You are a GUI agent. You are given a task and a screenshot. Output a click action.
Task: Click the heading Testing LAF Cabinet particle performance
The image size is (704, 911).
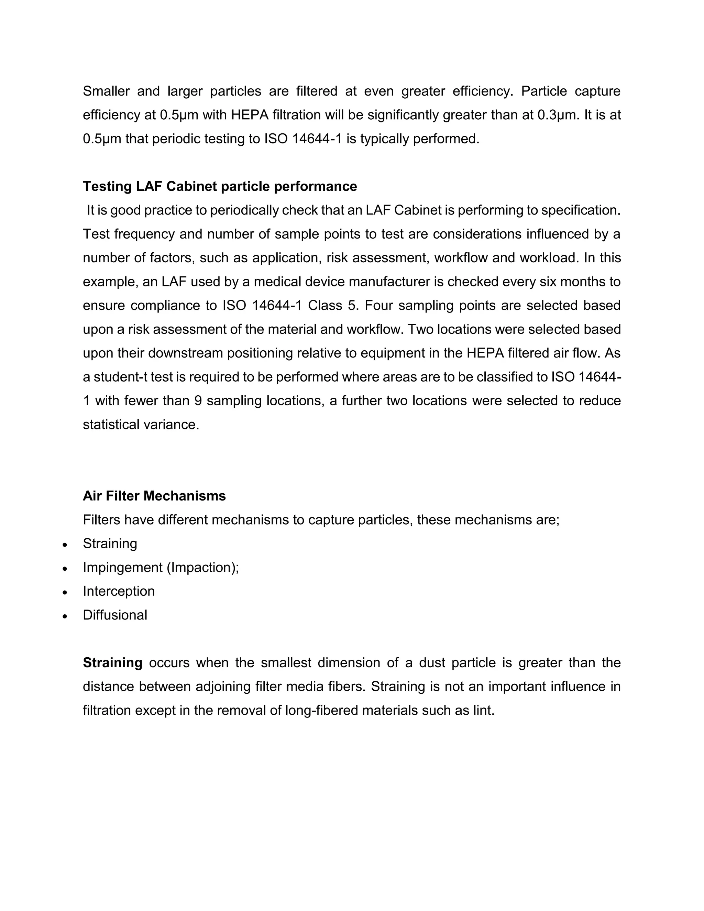tap(220, 186)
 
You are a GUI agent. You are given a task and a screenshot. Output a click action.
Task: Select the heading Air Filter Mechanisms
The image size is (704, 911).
tap(154, 496)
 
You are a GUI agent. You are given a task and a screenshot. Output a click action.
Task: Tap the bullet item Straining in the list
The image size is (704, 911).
tap(110, 544)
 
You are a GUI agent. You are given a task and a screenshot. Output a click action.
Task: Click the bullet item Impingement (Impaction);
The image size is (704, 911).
tap(161, 567)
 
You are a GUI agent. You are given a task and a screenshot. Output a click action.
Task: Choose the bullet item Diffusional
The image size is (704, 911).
tap(115, 615)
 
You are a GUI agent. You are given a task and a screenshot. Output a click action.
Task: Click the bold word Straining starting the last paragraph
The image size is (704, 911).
tap(113, 663)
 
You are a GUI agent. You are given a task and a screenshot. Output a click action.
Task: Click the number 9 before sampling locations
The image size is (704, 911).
tap(198, 401)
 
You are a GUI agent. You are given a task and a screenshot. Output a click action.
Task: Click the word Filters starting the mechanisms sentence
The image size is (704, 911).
tap(101, 520)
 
